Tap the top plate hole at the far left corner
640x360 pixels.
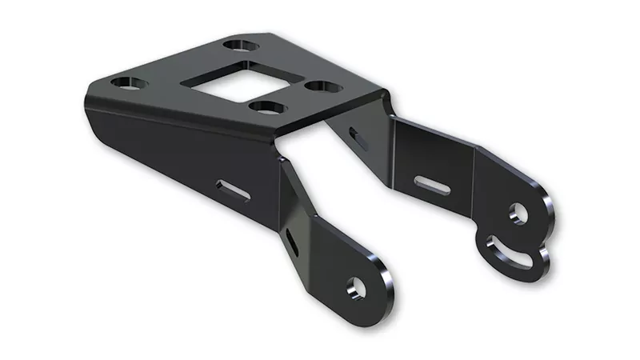(x=126, y=82)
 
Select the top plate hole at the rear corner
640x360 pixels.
(x=237, y=46)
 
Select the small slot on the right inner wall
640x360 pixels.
(x=359, y=138)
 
